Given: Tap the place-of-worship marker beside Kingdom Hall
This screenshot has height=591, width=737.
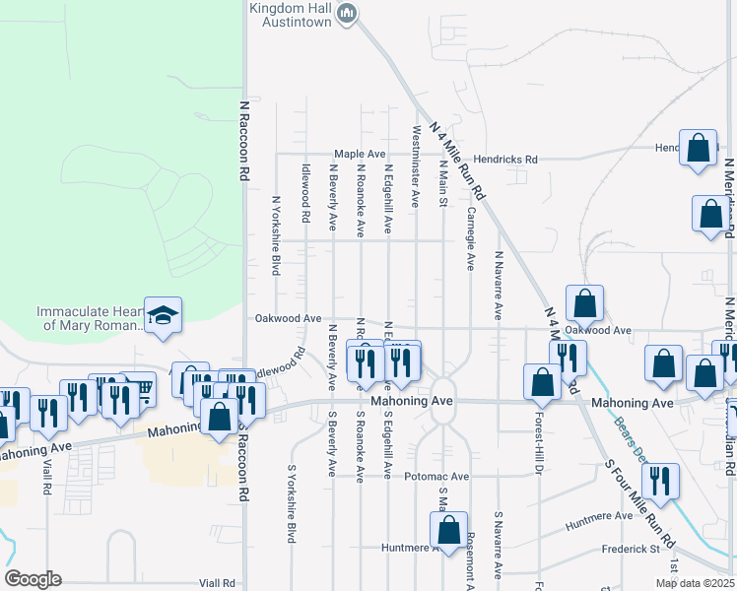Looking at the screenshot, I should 346,14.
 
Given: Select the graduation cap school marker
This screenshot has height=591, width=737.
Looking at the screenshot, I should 164,316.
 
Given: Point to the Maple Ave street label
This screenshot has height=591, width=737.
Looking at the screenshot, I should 359,155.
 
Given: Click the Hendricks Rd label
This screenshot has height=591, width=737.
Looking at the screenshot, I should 504,159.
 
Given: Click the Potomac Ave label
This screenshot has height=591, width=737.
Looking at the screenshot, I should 442,476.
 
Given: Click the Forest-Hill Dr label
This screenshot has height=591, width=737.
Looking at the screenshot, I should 539,445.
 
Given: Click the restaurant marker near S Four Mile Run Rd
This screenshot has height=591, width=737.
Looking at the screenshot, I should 660,481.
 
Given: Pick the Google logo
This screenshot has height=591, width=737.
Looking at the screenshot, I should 33,579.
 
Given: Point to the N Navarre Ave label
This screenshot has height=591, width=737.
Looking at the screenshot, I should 499,286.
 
